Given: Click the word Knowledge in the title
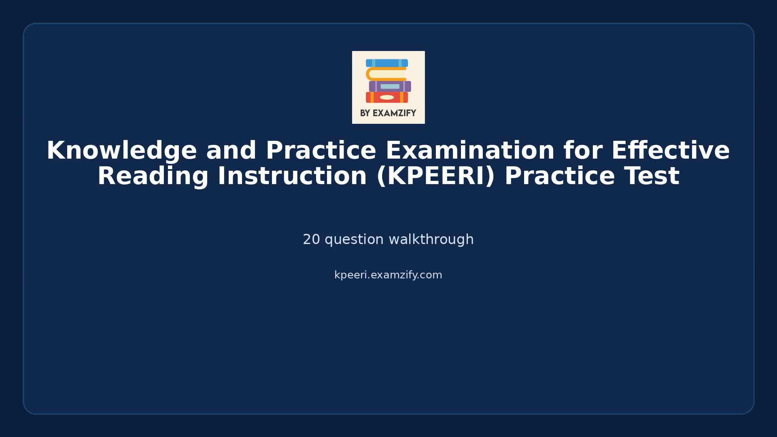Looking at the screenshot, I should click(121, 151).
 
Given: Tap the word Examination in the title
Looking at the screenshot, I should click(470, 151).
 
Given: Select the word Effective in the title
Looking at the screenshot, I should click(670, 151).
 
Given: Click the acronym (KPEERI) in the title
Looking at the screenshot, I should click(435, 176).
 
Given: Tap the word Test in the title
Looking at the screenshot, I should click(652, 176).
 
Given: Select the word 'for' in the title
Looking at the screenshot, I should click(583, 151).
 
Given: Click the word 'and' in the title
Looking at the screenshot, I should click(231, 151).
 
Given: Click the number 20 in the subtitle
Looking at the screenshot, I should click(311, 240).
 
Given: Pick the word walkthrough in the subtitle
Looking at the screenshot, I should click(431, 240).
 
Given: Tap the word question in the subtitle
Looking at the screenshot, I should click(354, 240).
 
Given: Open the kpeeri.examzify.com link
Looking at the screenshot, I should click(388, 275).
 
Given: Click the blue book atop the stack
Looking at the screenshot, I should click(387, 63).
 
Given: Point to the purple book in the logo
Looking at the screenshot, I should click(390, 86).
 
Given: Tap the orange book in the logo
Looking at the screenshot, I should click(386, 74).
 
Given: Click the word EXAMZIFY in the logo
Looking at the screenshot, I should click(394, 113).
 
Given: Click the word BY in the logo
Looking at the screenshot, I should click(365, 113).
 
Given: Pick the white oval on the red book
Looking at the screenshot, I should click(387, 98).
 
